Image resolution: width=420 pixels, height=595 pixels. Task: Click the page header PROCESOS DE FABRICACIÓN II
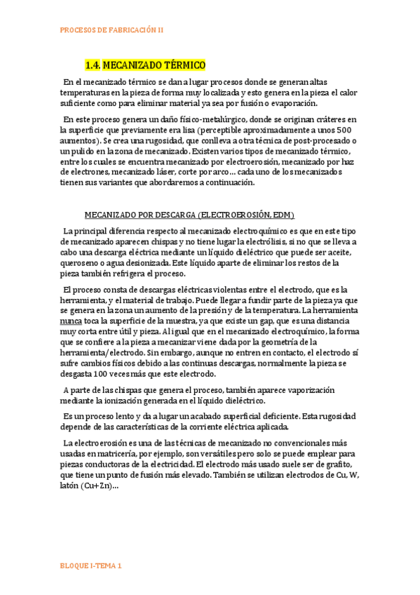(x=111, y=30)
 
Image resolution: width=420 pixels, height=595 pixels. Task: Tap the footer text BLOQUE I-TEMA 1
(x=91, y=566)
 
